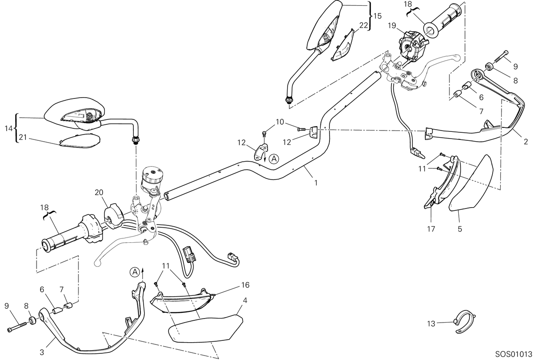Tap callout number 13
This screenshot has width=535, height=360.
click(x=431, y=324)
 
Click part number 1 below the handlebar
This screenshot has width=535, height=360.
click(x=316, y=183)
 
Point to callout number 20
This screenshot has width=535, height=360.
click(x=99, y=192)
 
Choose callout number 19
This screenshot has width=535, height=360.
click(x=392, y=25)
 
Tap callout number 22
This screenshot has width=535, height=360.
click(x=363, y=25)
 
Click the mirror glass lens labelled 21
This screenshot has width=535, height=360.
click(x=79, y=141)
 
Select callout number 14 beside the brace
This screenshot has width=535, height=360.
click(x=8, y=128)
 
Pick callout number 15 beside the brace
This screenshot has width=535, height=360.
click(x=378, y=16)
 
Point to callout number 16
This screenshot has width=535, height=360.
click(x=245, y=285)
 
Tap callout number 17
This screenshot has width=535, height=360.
click(x=431, y=229)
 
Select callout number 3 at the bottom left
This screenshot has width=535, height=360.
click(x=42, y=352)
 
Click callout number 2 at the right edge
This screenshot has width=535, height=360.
click(x=526, y=142)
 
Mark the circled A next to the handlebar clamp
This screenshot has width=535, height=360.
click(x=274, y=159)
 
